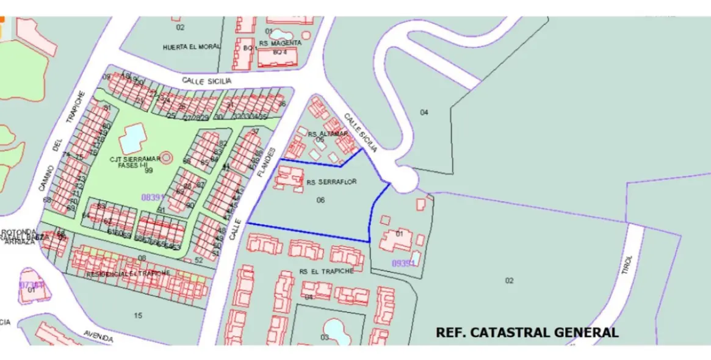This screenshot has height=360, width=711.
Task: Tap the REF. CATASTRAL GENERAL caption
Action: [x=527, y=333]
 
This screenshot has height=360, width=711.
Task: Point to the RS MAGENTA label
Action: [x=280, y=43]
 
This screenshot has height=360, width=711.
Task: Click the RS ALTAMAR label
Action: [x=328, y=134]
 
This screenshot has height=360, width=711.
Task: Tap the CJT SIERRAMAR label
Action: [x=135, y=159]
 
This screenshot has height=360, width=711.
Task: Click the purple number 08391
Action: [x=153, y=197]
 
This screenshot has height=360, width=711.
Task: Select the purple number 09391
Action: [x=404, y=263]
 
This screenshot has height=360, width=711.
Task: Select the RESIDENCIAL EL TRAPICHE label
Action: [x=128, y=273]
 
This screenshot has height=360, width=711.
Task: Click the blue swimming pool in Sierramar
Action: [x=132, y=139]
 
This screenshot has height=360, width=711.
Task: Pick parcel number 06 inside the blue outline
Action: [x=321, y=200]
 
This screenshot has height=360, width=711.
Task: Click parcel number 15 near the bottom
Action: [x=139, y=315]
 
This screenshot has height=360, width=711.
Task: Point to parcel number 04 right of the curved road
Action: [x=424, y=112]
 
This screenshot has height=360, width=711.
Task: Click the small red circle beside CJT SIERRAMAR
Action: [x=167, y=157]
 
